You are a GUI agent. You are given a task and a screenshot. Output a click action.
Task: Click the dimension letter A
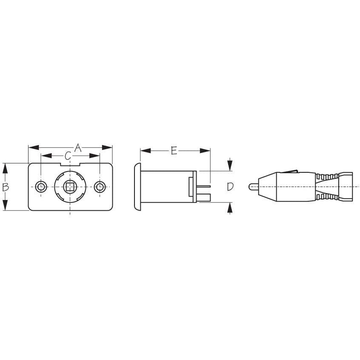point(77,148)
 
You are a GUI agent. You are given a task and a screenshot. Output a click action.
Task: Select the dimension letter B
point(6,186)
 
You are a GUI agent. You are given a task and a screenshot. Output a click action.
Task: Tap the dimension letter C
point(68,156)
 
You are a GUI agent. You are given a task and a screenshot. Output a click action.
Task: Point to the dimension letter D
point(230,186)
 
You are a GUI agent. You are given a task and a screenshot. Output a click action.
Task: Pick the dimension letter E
point(174,151)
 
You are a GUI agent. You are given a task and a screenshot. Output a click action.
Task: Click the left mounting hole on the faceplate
point(41,187)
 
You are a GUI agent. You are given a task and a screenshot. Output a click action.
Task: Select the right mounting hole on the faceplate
point(100,187)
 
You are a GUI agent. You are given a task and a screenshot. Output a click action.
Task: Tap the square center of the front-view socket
point(69,187)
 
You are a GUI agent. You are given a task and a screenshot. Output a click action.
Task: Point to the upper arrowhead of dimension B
point(6,168)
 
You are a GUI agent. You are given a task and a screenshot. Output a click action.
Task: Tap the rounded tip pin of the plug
point(252,186)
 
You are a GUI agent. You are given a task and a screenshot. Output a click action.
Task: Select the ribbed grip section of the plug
point(327,186)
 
